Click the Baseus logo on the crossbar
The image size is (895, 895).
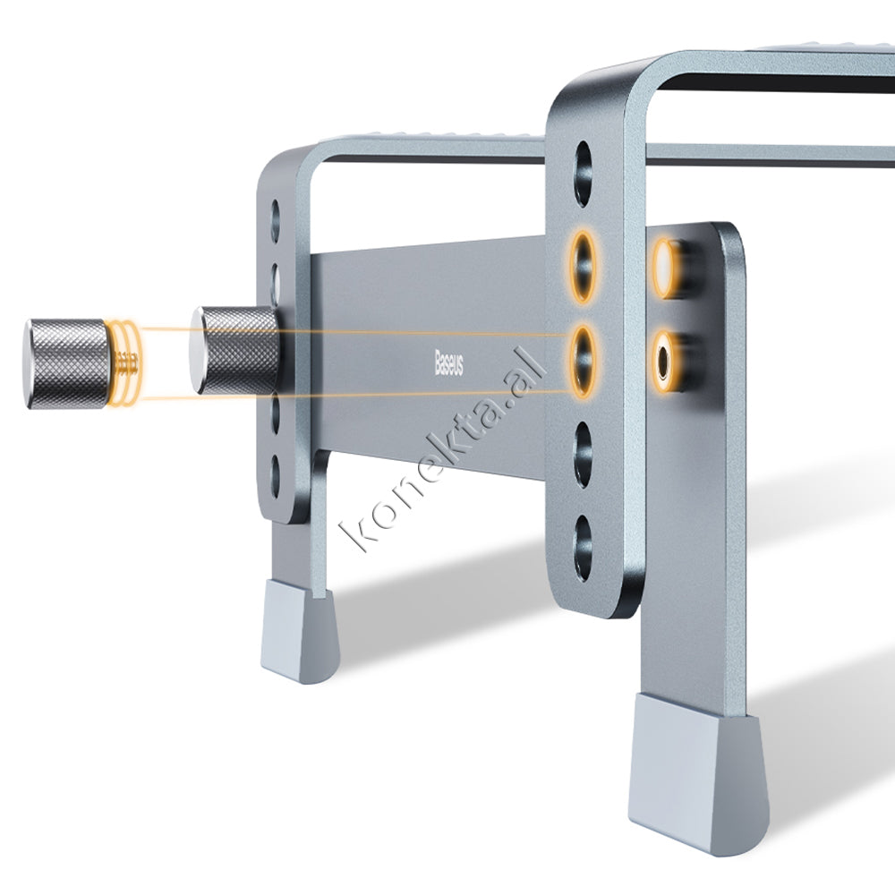click(449, 363)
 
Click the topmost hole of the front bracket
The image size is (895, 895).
click(583, 173)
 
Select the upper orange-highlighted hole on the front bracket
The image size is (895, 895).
click(583, 267)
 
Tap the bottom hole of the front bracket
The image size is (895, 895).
click(583, 548)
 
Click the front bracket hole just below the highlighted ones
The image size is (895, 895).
click(583, 455)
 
